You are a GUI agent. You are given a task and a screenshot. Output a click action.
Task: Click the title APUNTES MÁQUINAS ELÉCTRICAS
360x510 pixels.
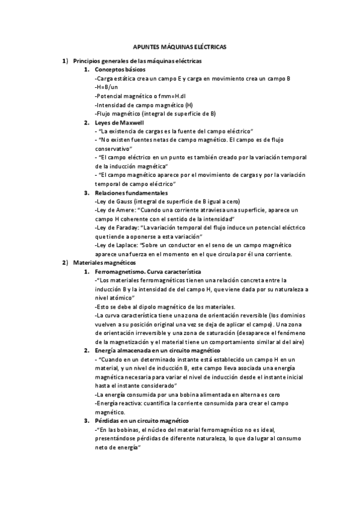tap(180, 46)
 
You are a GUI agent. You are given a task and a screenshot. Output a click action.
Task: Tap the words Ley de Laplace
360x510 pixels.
tap(117, 245)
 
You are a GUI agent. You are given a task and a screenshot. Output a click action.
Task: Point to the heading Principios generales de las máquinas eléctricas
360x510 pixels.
tap(138, 61)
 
